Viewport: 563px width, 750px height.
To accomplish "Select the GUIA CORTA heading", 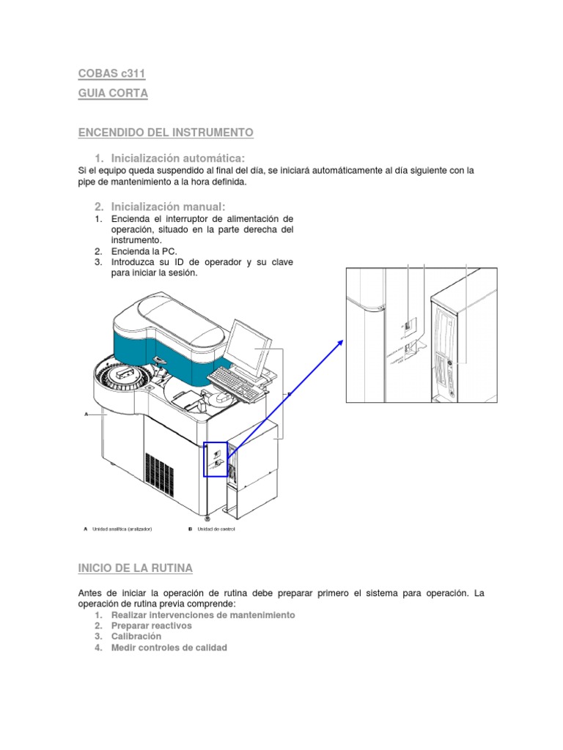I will click(113, 94).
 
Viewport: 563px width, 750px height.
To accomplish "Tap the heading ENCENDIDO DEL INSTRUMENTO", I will click(166, 132).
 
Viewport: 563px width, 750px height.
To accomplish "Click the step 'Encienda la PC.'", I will click(144, 250).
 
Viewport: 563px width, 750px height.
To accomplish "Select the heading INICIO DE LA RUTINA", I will click(136, 568).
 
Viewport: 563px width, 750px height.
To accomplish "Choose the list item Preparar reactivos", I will click(151, 626).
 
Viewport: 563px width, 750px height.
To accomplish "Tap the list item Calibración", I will click(136, 636).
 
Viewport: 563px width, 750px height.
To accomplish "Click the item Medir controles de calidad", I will click(169, 647).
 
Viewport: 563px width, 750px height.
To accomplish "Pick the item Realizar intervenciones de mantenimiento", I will click(203, 615).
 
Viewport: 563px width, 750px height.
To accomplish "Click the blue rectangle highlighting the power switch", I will click(216, 459).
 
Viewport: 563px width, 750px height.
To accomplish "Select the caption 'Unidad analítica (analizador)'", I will click(122, 529).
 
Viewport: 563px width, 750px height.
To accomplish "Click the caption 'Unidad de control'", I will click(216, 529).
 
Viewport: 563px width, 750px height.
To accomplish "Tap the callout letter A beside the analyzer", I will click(86, 414).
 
